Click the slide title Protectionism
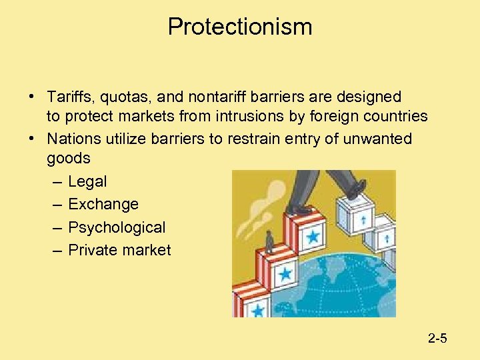(240, 27)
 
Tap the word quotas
(122, 97)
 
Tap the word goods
(68, 158)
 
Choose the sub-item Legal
(87, 181)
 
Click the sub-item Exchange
(103, 204)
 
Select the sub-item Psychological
(117, 227)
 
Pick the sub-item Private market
(119, 250)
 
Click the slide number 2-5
(437, 339)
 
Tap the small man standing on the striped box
(270, 241)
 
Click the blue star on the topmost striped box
(312, 236)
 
